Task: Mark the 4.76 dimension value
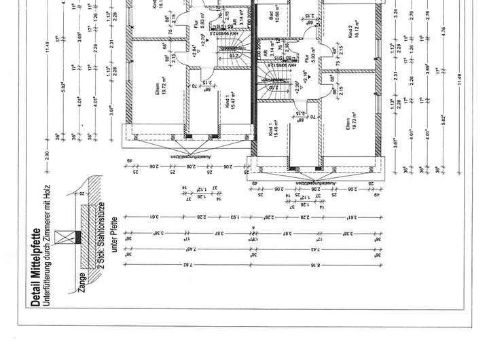click(x=442, y=30)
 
